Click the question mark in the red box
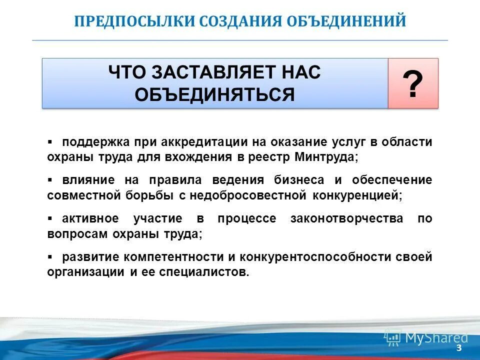(413, 84)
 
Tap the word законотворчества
(346, 218)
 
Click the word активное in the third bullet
(90, 218)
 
